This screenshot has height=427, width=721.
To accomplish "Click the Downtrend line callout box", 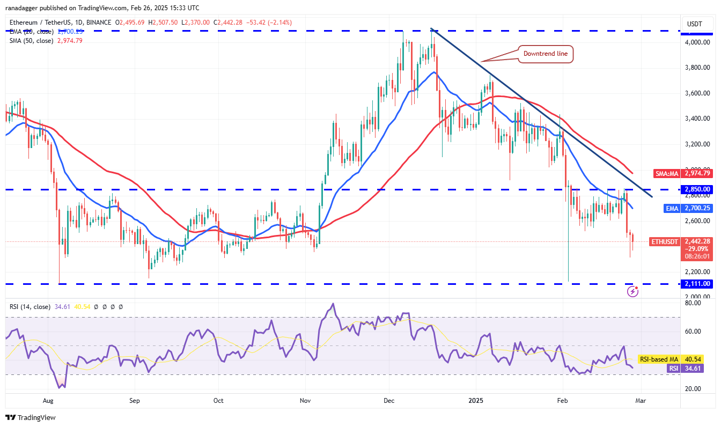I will (x=545, y=54).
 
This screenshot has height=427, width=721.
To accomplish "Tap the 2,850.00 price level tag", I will (x=697, y=189).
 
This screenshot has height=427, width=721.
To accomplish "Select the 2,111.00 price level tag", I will (x=697, y=284).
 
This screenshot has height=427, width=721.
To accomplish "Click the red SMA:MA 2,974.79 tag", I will (x=683, y=173).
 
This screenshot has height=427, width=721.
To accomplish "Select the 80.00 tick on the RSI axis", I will (x=694, y=303).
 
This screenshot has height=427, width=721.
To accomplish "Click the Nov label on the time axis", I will (x=305, y=400).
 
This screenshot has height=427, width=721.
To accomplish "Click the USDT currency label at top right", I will (x=695, y=24).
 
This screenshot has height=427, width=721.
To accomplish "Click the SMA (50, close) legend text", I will (x=31, y=40).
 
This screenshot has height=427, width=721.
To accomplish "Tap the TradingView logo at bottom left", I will (x=31, y=417).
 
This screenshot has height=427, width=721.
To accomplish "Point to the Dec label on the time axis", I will (x=390, y=400).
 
